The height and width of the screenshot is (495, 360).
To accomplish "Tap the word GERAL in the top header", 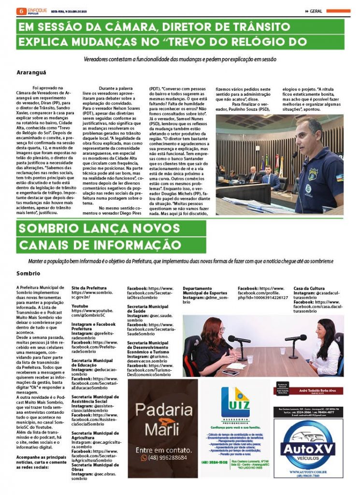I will tap(316, 11).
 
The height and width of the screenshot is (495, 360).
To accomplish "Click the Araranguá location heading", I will tap(31, 73).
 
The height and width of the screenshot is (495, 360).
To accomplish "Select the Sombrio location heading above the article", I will tap(28, 273).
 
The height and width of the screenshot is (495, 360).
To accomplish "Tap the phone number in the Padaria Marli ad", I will tap(167, 458).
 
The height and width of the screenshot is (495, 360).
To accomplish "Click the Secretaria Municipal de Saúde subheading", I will tap(148, 309).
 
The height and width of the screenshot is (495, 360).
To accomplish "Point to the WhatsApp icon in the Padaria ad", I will tap(144, 458).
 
